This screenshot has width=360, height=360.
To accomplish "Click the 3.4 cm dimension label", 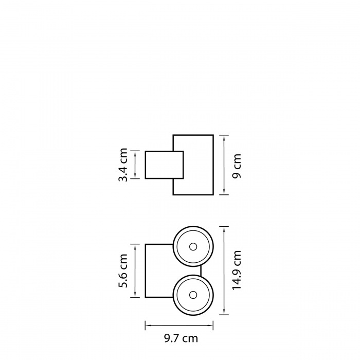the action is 123,165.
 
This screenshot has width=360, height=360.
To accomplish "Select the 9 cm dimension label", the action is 237,166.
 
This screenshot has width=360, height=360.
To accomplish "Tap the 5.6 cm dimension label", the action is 123,271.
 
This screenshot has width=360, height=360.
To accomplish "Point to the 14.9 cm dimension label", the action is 237,271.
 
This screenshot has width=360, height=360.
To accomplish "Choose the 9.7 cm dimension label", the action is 181,338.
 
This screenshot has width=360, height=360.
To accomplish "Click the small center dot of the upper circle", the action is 193,247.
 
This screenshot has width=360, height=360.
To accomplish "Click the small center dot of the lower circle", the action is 193,295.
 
